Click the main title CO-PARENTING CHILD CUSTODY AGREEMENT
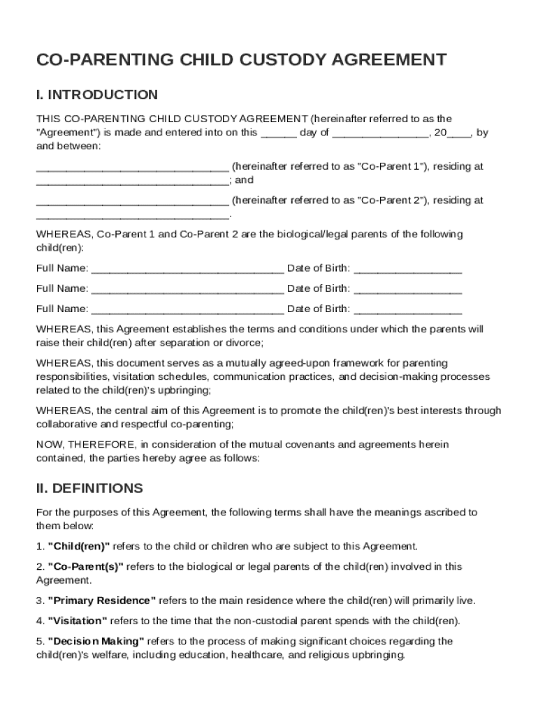click(x=241, y=60)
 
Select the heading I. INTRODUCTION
click(x=97, y=95)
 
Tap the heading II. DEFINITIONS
click(x=89, y=488)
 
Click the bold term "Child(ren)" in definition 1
click(x=78, y=546)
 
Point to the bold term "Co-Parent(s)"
click(x=85, y=566)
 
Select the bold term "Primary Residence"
click(x=102, y=600)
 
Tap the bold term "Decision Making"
click(x=96, y=641)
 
